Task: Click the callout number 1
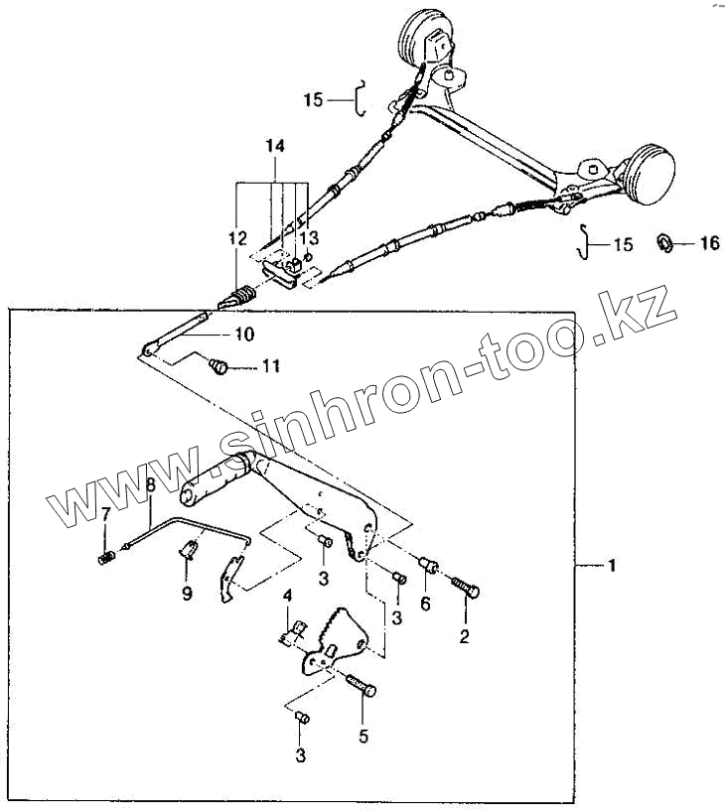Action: [612, 566]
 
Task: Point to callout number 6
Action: [426, 603]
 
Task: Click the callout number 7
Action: [106, 513]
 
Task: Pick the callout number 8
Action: [151, 485]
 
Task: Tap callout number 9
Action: [187, 594]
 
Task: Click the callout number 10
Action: [244, 334]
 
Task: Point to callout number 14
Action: [274, 146]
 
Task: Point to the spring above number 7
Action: [106, 559]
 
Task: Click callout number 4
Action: [286, 596]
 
